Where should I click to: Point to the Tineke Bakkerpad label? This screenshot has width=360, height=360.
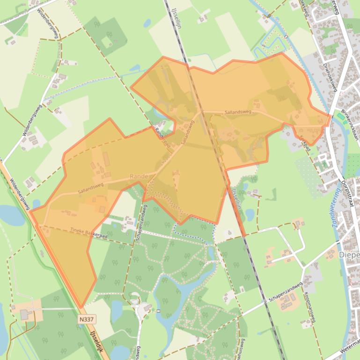coord(88,232)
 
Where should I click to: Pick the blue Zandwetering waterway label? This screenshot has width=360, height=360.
coord(336,208)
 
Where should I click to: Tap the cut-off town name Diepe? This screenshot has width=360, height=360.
coord(349,255)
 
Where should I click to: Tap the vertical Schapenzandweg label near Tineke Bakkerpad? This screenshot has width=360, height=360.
coord(140,224)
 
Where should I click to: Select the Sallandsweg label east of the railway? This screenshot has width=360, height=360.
coord(238,112)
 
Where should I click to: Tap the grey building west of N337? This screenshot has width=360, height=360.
coord(25,314)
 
